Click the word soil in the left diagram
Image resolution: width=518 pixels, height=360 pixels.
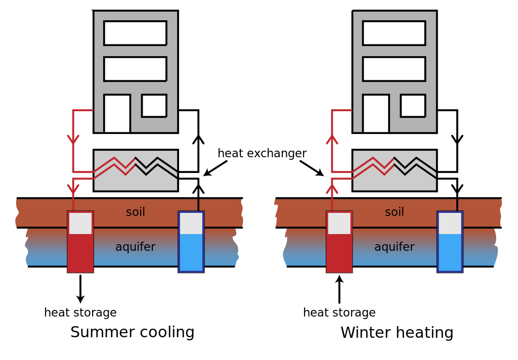(x=136, y=212)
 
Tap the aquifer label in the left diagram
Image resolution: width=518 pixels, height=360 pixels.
(x=136, y=247)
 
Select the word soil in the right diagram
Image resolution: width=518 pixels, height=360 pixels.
(x=395, y=212)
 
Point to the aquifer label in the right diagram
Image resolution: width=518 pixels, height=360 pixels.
(x=395, y=247)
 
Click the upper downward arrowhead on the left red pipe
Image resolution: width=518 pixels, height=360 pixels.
(x=73, y=139)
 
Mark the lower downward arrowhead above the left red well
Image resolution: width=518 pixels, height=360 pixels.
(x=73, y=189)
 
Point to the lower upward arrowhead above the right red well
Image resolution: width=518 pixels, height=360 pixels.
(x=332, y=189)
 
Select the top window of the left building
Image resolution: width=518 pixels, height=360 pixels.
(x=135, y=33)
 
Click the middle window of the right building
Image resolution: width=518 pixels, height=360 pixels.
(x=394, y=68)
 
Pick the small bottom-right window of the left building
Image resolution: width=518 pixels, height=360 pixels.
(x=154, y=105)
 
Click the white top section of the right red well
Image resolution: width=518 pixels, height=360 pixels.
(x=339, y=223)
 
